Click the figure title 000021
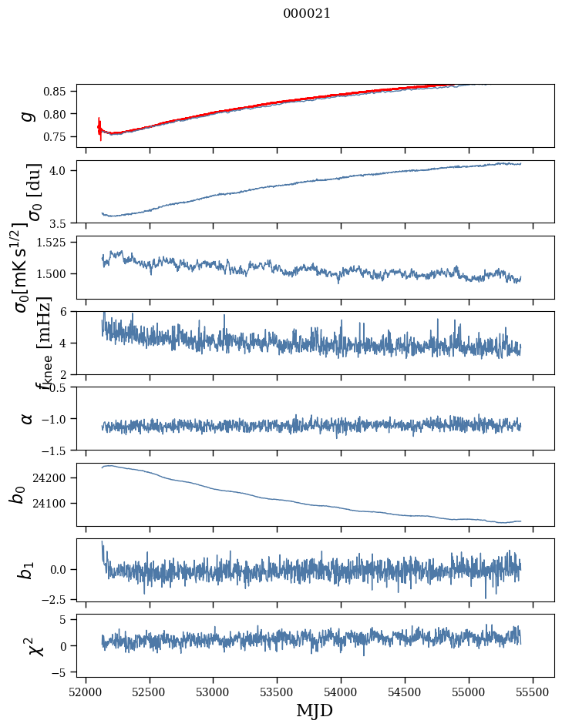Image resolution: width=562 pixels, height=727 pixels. click(x=307, y=13)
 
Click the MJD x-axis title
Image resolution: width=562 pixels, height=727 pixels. click(x=315, y=711)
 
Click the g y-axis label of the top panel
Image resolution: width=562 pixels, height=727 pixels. click(x=28, y=116)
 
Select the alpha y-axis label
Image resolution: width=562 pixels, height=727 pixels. click(x=28, y=418)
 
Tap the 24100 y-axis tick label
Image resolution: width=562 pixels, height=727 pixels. click(x=54, y=504)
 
